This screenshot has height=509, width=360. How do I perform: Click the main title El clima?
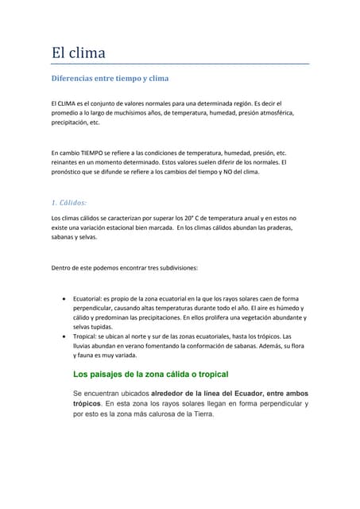[78, 53]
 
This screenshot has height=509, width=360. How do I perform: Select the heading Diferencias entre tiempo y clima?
[109, 80]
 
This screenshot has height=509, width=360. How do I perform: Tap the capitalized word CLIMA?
[70, 104]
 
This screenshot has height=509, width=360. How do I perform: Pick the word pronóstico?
[68, 172]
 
